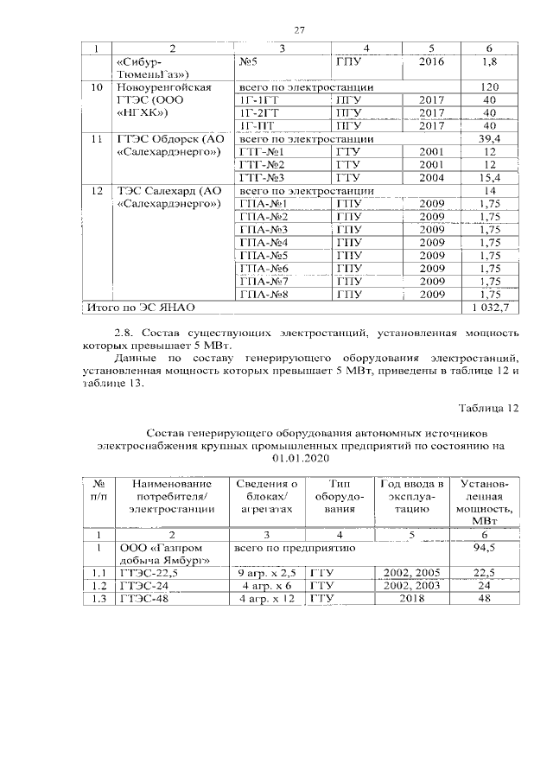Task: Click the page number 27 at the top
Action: click(x=300, y=30)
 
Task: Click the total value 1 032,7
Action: click(x=490, y=306)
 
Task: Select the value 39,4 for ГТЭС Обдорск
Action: click(x=490, y=137)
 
